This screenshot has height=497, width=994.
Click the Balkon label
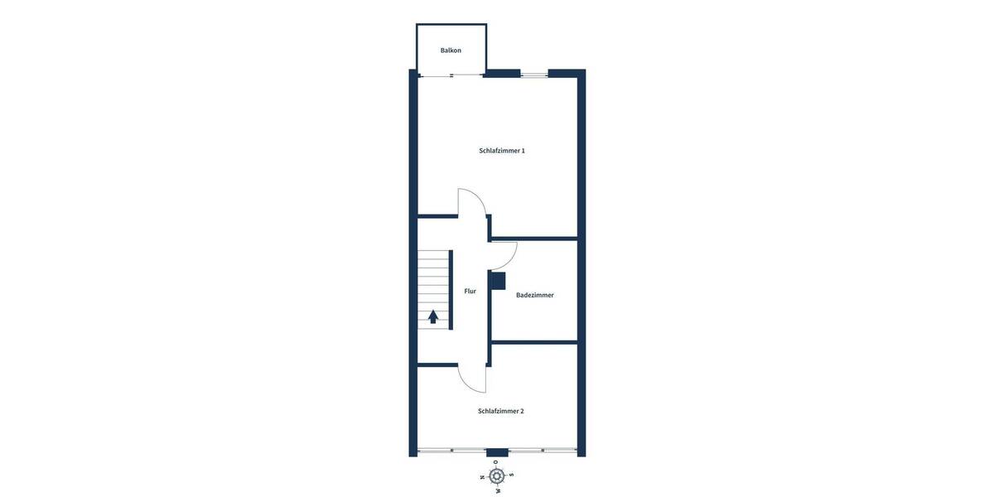(451, 51)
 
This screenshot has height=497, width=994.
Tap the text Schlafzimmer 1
(502, 151)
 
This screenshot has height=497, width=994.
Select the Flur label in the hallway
(470, 291)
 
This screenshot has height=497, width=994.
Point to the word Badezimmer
(535, 295)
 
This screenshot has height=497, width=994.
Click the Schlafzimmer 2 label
(501, 411)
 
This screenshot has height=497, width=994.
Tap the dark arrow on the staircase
(433, 316)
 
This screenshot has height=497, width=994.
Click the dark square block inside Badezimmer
(497, 281)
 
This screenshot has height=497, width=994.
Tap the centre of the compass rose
(497, 475)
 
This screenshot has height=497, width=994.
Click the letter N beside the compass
(482, 477)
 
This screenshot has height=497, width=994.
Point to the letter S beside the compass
(512, 475)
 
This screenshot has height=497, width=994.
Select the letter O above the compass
(496, 462)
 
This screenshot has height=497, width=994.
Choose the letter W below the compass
(498, 490)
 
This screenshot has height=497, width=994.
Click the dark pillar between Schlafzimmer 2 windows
(497, 452)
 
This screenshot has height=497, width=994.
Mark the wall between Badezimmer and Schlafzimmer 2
(534, 342)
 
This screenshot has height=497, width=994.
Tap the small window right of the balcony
(534, 75)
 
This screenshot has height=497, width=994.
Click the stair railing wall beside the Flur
(451, 290)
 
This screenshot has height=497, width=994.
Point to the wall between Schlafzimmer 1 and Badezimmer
(534, 239)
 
